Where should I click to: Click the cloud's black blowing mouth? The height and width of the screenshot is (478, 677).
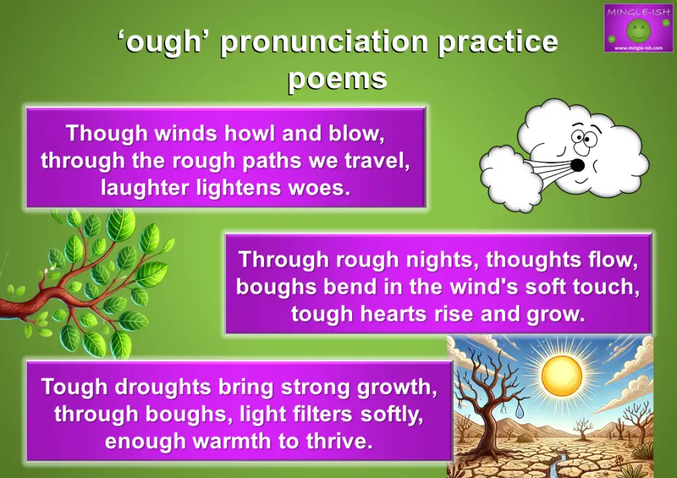point(577,165)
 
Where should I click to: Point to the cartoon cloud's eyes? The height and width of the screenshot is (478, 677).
point(581,138)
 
